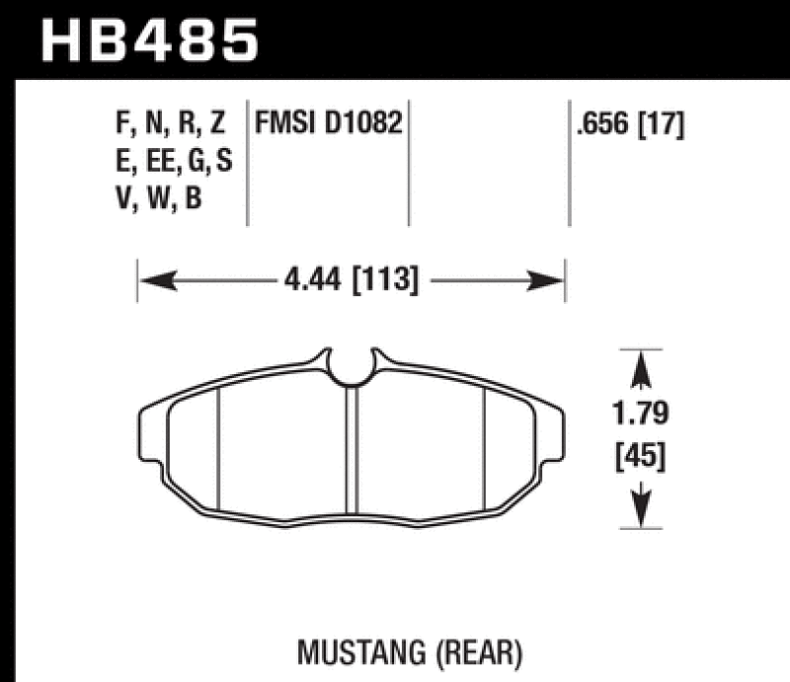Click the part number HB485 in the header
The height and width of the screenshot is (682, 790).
coord(149,41)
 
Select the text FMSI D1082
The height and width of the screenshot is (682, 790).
coord(329,124)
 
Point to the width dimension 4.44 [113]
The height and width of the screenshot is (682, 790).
coord(351,282)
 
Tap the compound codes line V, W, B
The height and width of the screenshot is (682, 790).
coord(158,198)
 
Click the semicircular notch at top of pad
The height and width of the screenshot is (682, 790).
coord(351,367)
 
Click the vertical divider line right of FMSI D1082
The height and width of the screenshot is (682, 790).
coord(409,162)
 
